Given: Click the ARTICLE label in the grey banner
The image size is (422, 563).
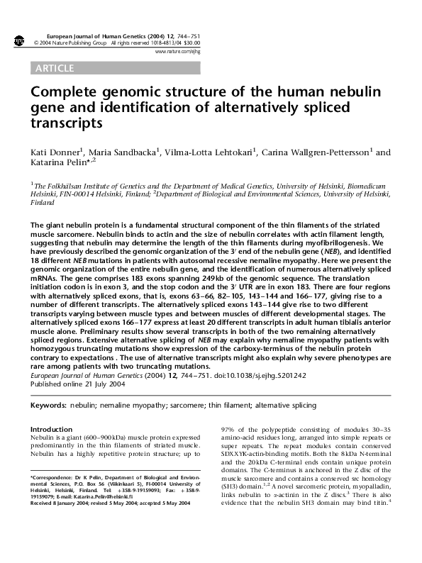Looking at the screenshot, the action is (x=54, y=68).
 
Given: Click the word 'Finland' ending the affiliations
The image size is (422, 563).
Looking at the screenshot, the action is (x=43, y=201).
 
